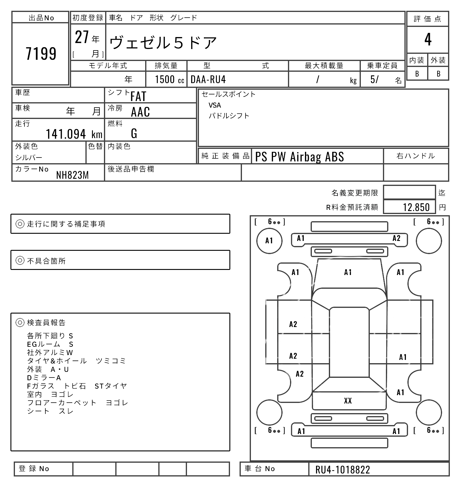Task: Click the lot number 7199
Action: pyautogui.click(x=41, y=53)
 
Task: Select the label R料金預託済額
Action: pyautogui.click(x=352, y=207)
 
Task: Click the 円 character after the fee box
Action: pyautogui.click(x=442, y=207)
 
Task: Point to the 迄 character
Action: pyautogui.click(x=442, y=193)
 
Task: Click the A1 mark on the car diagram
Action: pyautogui.click(x=348, y=273)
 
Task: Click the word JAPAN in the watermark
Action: pyautogui.click(x=314, y=332)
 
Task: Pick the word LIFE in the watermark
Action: pyautogui.click(x=402, y=332)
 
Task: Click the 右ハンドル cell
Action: pyautogui.click(x=416, y=156)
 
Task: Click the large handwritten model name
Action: pyautogui.click(x=166, y=42)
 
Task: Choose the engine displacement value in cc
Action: pyautogui.click(x=166, y=80)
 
